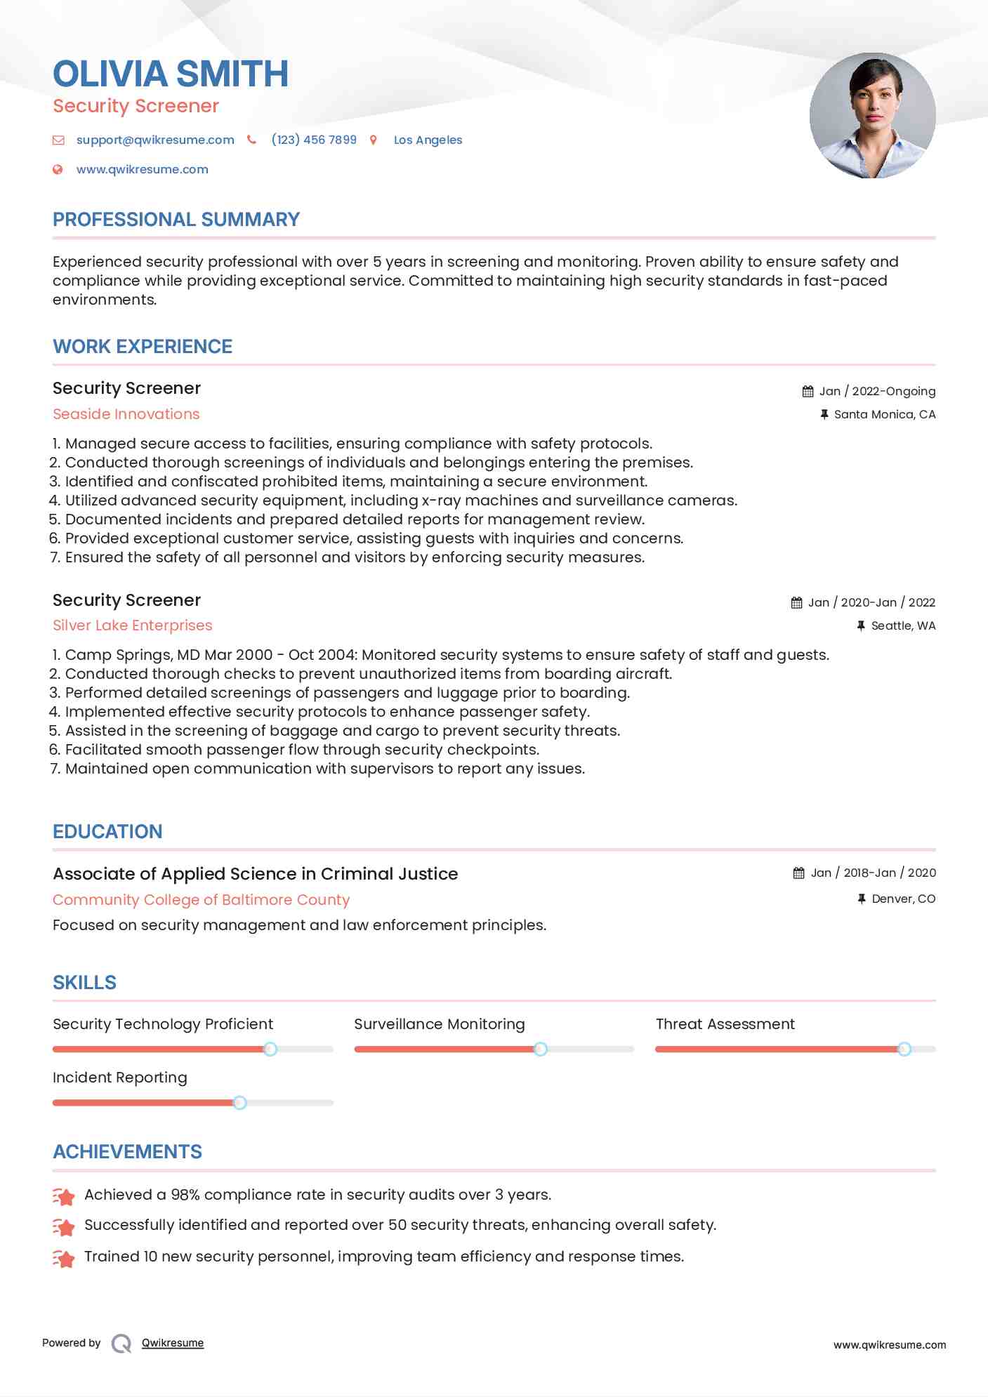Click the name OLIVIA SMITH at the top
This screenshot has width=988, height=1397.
(x=171, y=74)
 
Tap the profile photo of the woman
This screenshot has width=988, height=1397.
(x=872, y=115)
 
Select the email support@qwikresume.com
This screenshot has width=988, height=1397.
(x=155, y=140)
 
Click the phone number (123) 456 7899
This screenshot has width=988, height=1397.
(x=314, y=140)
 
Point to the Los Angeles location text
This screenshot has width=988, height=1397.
(x=428, y=140)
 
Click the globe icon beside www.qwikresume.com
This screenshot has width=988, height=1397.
(x=58, y=169)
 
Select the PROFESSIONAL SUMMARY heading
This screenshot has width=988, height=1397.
(x=176, y=220)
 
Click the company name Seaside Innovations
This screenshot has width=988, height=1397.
(x=126, y=414)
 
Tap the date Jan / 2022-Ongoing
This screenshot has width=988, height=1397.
(x=877, y=391)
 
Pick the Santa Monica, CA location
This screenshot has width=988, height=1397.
(x=884, y=414)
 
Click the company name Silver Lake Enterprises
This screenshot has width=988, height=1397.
(x=132, y=625)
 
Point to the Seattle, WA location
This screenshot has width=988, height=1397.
(x=903, y=625)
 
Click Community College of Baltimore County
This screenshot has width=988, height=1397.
(x=201, y=900)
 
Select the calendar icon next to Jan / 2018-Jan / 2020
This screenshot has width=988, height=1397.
(x=798, y=873)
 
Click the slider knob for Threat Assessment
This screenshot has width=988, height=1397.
(x=904, y=1049)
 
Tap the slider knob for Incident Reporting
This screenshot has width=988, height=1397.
(x=239, y=1102)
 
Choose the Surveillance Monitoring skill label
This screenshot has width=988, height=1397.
(x=439, y=1024)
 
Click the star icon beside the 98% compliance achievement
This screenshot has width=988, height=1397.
(x=64, y=1196)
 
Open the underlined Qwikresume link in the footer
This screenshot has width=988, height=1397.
(x=173, y=1343)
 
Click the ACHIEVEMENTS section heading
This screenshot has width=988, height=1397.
(x=127, y=1152)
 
